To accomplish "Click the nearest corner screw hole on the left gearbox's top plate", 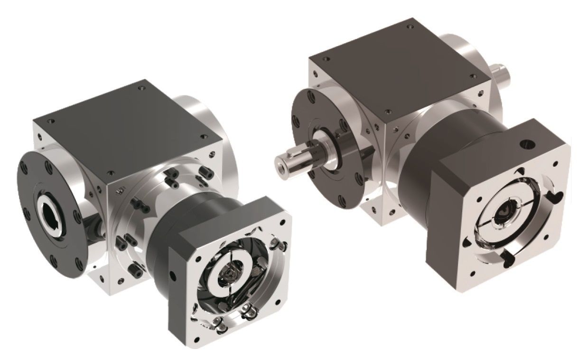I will coord(111,173).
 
